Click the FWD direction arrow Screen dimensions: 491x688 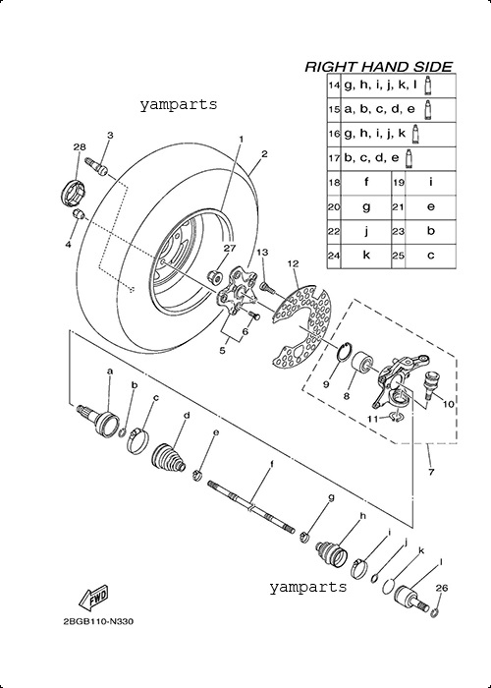pyautogui.click(x=92, y=598)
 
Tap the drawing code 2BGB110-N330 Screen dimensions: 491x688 pyautogui.click(x=98, y=622)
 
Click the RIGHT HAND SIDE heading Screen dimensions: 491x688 pyautogui.click(x=378, y=67)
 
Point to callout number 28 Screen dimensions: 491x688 pyautogui.click(x=80, y=147)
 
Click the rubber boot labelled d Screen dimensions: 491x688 pyautogui.click(x=169, y=459)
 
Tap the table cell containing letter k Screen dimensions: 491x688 pyautogui.click(x=366, y=256)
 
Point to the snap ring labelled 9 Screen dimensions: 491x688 pyautogui.click(x=346, y=350)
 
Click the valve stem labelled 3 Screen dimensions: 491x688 pyautogui.click(x=100, y=166)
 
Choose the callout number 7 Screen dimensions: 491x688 pyautogui.click(x=431, y=472)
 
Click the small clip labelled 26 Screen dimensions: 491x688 pyautogui.click(x=434, y=613)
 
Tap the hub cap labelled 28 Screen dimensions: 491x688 pyautogui.click(x=73, y=194)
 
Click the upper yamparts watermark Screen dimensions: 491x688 pyautogui.click(x=179, y=105)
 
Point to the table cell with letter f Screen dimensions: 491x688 pyautogui.click(x=366, y=182)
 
